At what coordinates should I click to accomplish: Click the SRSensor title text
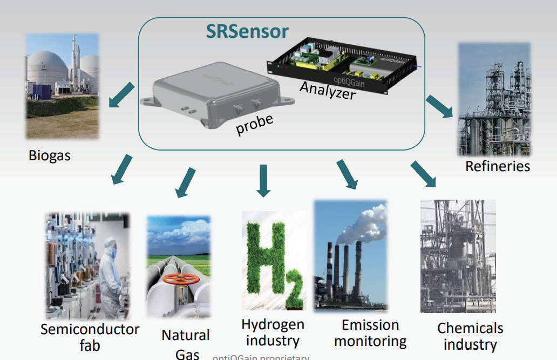pos(247,32)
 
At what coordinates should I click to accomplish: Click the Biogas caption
pos(50,156)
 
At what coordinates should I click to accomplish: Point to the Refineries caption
pos(497,166)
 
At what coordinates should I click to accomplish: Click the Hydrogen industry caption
pos(273,332)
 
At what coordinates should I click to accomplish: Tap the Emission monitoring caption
pos(370,332)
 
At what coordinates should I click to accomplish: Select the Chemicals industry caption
pos(470,336)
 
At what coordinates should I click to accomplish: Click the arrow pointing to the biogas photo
pos(120,94)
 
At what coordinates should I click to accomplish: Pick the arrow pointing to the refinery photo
pos(439,105)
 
